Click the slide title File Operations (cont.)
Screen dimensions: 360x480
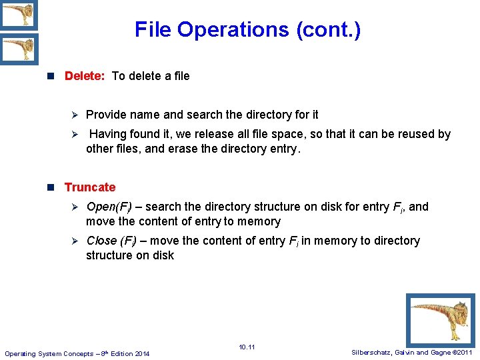point(247,29)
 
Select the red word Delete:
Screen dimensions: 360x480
point(85,76)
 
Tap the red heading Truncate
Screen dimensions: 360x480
point(89,187)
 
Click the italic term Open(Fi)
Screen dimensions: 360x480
point(109,207)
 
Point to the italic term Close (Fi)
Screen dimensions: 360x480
point(110,241)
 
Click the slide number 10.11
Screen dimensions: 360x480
point(247,347)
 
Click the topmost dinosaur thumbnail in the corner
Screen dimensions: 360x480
point(19,15)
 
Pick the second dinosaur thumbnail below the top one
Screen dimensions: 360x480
point(19,49)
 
